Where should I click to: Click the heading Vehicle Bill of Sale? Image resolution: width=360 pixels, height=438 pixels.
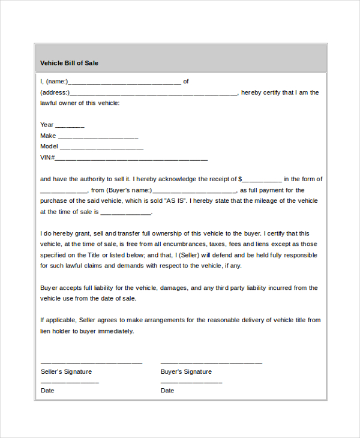coord(69,63)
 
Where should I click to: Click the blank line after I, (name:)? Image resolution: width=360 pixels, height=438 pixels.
coord(124,83)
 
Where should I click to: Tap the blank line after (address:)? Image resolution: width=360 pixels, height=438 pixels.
coord(154,94)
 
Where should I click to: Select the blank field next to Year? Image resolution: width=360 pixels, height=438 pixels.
coord(70,126)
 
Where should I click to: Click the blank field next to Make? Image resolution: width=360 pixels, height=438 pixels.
coord(98,137)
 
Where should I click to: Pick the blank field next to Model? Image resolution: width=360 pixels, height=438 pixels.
coord(101,148)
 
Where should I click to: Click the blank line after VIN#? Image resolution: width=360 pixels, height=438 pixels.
coord(131,159)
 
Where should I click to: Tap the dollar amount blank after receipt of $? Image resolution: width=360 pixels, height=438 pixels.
coord(262,180)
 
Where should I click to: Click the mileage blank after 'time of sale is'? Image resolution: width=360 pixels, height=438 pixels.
coord(126,213)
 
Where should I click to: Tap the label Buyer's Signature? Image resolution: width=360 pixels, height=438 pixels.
coord(186,371)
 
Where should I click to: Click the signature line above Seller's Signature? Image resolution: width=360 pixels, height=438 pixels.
coord(91,363)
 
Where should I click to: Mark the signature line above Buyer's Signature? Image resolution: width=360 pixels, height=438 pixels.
coord(211,363)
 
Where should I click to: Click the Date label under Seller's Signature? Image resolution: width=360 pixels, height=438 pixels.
coord(47,391)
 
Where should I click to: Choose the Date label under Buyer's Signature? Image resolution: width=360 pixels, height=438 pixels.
coord(167,391)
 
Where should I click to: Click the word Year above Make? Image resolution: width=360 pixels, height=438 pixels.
coord(47,125)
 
